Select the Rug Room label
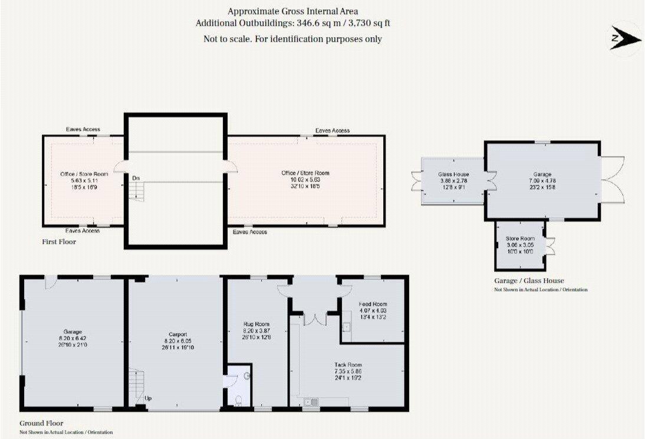point(256,324)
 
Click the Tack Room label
point(348,365)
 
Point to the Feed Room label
point(373,303)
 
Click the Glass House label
point(453,174)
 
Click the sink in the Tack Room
point(311,402)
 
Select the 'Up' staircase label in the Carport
point(148,399)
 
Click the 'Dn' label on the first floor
point(136,178)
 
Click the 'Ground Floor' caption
point(41,423)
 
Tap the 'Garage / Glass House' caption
point(529,281)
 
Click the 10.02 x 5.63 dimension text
point(305,180)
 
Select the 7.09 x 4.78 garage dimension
point(542,181)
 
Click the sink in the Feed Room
point(346,328)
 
